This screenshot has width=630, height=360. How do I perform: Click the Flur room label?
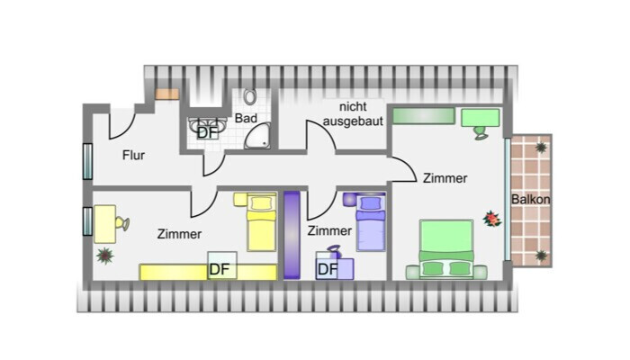tap(134, 155)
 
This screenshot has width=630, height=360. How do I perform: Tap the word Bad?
tap(247, 118)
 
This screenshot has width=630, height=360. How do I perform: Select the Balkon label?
tap(531, 199)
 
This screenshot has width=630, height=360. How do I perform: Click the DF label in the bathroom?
tap(207, 132)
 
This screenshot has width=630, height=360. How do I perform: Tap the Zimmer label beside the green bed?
tap(445, 178)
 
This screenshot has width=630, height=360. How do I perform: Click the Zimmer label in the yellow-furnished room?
tap(179, 234)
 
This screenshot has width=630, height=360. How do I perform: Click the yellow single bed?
tap(260, 222)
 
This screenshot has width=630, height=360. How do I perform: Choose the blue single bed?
tap(371, 222)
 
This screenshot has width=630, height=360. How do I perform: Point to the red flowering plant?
tap(491, 218)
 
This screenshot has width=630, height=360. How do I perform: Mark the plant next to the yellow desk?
tap(105, 256)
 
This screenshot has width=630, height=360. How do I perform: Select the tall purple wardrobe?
tap(291, 234)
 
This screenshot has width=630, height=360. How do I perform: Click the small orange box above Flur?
tap(166, 93)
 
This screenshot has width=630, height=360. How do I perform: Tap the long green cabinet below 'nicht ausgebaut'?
tap(423, 116)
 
